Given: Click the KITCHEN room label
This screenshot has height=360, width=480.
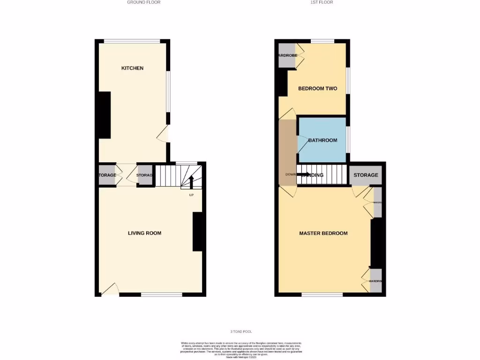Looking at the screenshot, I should [132, 68].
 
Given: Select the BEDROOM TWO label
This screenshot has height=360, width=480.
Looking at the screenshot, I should [317, 89].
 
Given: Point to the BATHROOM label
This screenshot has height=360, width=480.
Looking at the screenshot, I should [322, 140].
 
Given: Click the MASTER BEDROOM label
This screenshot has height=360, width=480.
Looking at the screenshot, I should [323, 233].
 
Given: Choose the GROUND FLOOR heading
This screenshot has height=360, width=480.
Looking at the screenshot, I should [144, 2].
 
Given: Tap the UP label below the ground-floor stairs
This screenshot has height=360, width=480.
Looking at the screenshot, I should [191, 195].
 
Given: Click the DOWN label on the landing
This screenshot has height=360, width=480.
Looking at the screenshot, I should [290, 175].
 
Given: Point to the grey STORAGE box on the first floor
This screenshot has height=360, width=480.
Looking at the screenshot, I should [366, 175].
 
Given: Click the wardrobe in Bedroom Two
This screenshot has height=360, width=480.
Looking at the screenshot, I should [287, 56].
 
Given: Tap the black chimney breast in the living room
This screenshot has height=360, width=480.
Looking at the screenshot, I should [198, 232].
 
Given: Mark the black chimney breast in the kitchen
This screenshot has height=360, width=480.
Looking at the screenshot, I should [104, 115].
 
